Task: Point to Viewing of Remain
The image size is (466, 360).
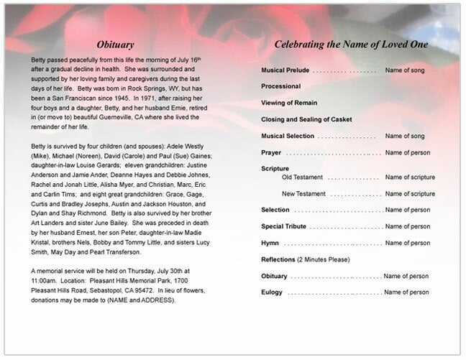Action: (289, 103)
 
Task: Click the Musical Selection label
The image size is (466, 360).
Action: (288, 136)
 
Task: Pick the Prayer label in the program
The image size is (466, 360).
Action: (272, 152)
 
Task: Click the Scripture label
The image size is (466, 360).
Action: (275, 168)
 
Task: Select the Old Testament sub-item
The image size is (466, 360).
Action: (303, 177)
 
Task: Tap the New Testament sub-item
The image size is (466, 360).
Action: (305, 193)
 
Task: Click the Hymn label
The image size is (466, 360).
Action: (270, 243)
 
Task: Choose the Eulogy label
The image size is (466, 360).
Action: (272, 292)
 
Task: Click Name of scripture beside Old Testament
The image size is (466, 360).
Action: (410, 177)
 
